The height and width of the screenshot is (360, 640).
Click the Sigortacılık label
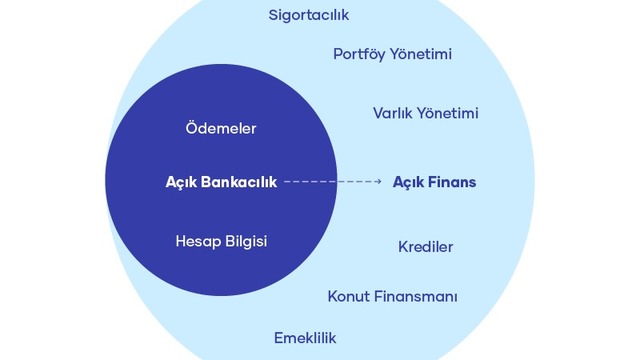coord(309,16)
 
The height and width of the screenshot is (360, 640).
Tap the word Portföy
coord(358,54)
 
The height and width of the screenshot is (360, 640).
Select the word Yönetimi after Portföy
coord(420,54)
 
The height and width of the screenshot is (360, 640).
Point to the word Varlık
coord(392,113)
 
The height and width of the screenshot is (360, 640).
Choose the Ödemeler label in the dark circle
coord(221,128)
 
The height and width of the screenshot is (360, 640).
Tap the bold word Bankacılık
coord(239,182)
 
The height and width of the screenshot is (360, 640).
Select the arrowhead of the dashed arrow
coord(379,181)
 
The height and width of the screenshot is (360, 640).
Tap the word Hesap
coord(192,241)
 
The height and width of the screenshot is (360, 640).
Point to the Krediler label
coord(426,247)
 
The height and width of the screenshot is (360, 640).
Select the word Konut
coord(349,296)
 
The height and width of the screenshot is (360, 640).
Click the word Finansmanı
coord(416,296)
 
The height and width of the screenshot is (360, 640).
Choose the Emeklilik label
coord(305,338)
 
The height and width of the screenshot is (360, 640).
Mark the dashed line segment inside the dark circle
coord(311,181)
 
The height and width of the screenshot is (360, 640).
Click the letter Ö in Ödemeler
coord(192,127)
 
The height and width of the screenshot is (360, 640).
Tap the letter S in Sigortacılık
coord(273,16)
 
